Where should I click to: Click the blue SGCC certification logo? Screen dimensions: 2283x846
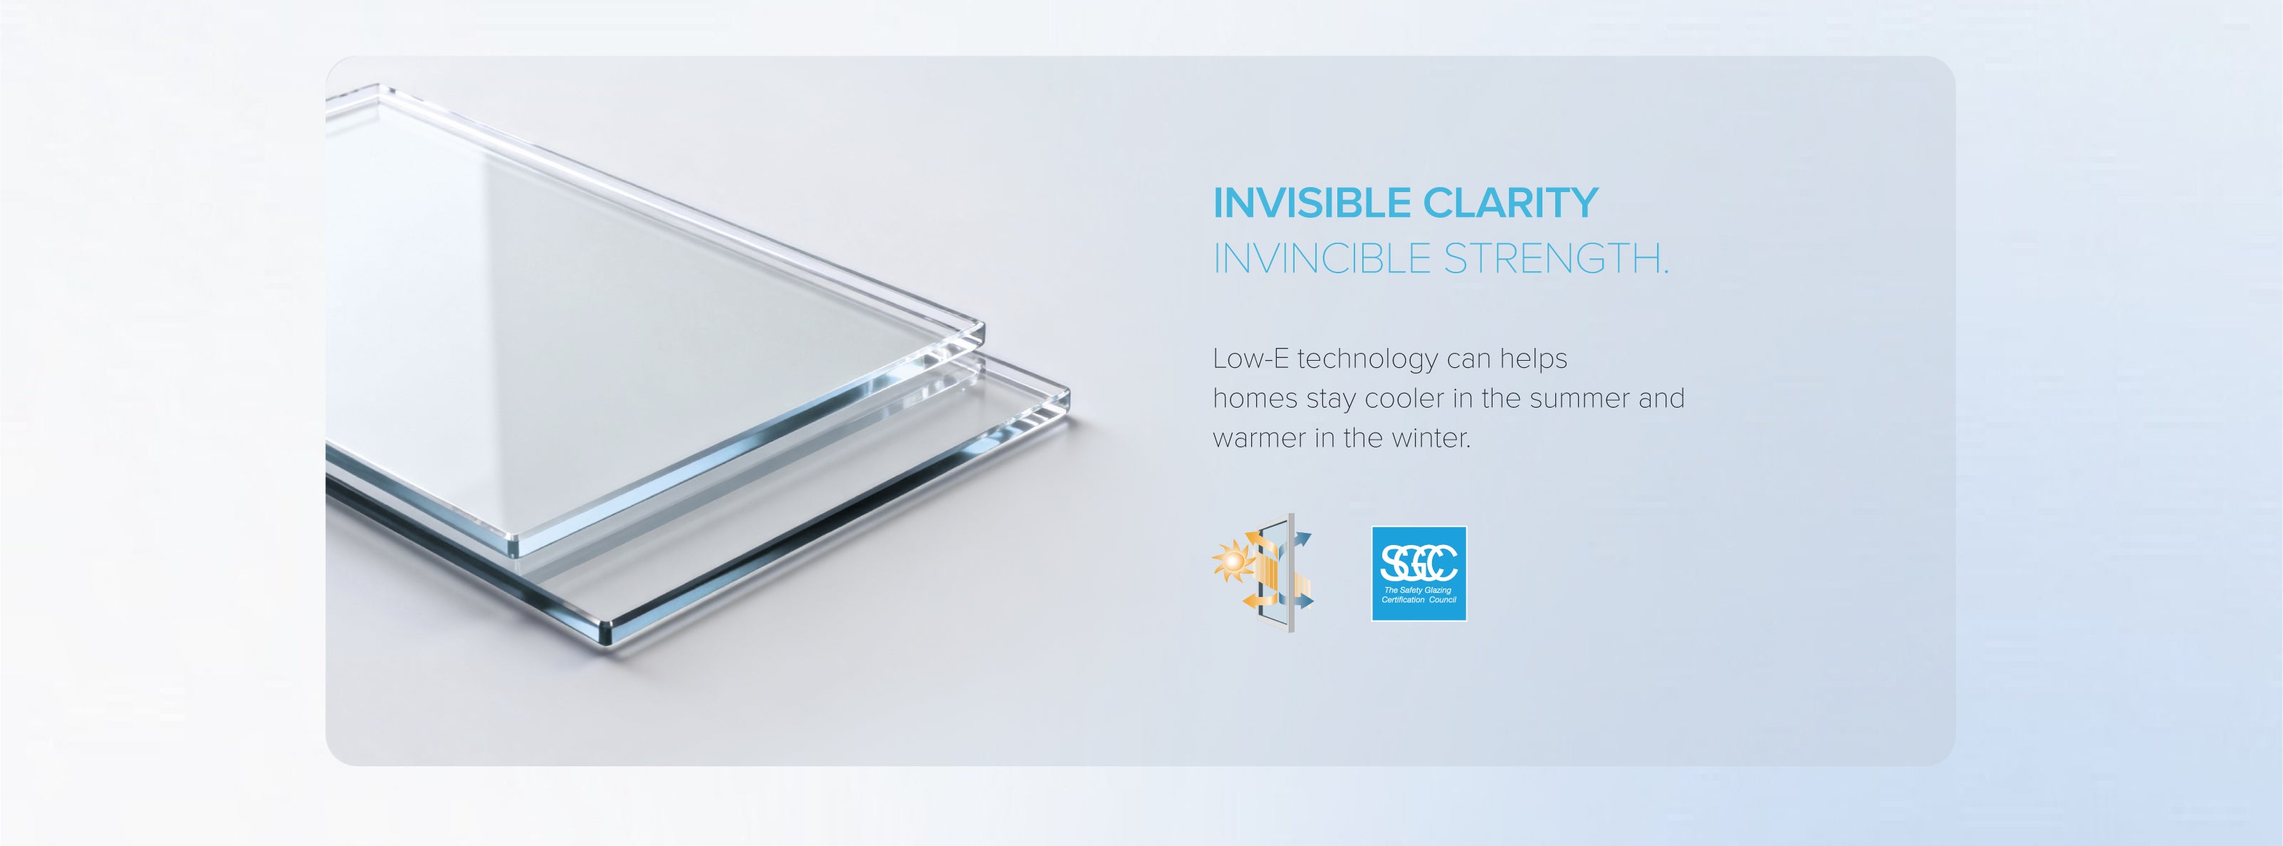1419,574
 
